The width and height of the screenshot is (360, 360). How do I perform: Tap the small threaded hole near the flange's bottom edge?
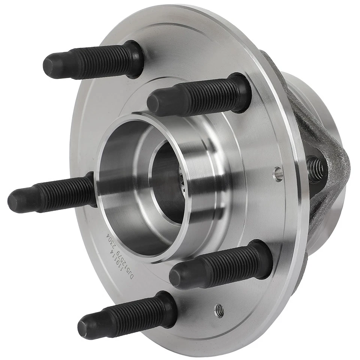(219, 310)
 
